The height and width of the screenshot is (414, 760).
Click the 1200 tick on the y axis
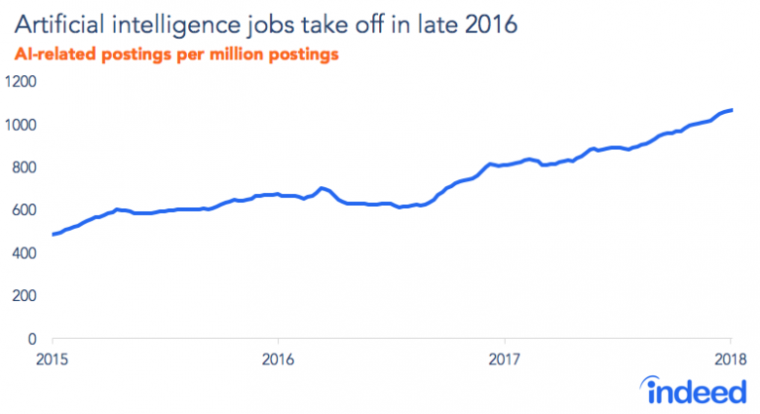tap(21, 82)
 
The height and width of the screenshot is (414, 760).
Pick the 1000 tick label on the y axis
tap(21, 125)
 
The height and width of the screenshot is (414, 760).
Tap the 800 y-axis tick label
tap(24, 167)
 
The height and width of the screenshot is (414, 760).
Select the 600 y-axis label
tap(24, 210)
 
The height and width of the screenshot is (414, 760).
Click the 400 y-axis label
tap(24, 254)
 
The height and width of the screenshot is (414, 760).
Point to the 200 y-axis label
tap(24, 296)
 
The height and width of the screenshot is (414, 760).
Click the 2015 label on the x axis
tap(51, 358)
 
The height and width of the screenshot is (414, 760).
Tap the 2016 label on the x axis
tap(278, 358)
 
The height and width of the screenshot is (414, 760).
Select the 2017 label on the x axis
tap(505, 358)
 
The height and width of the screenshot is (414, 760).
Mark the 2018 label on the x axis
tap(730, 358)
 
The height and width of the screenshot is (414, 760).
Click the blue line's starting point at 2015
tap(51, 235)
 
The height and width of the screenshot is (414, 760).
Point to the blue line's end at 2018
tap(730, 109)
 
